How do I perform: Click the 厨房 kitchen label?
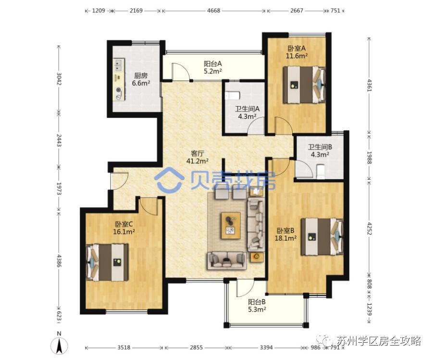coord(141,75)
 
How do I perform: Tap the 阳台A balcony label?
coord(213,63)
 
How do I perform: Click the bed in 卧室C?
coord(107,262)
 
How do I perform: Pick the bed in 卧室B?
coord(323,236)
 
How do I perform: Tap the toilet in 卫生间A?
coord(233,96)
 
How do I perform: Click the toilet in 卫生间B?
coord(321,172)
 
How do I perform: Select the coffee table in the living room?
coord(231,225)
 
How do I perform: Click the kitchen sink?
coord(119,64)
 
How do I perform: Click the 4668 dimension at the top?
coord(213,11)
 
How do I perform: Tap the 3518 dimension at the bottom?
coord(124,347)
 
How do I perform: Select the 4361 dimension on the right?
coord(369,85)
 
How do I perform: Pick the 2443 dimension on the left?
coord(59,140)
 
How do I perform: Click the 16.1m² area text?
coord(124,232)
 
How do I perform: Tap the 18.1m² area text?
coord(286,238)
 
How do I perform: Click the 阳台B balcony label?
coord(257,302)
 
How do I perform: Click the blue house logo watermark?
coord(169,181)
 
